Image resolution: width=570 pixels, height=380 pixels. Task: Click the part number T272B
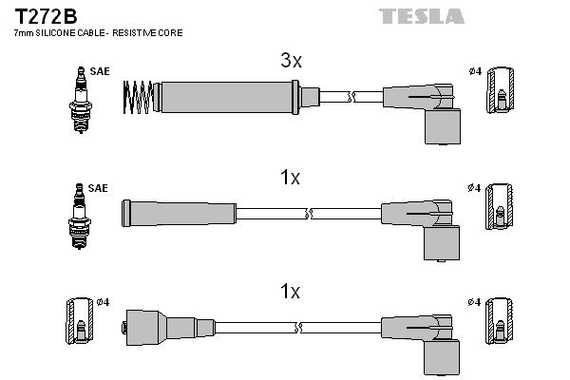coord(45,14)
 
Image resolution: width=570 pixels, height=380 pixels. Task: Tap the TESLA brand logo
coord(421,15)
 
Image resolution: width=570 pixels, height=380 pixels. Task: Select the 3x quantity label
coord(291,61)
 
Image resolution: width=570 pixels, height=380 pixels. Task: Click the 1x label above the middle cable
coord(291,178)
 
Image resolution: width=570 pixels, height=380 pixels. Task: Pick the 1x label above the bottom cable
coord(291,292)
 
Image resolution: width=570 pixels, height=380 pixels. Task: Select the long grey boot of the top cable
coord(228,96)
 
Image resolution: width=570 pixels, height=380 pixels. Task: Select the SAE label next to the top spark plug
coord(98,71)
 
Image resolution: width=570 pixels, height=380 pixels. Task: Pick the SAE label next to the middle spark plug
coord(98,188)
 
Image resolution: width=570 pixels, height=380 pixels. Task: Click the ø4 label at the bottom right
coord(475,302)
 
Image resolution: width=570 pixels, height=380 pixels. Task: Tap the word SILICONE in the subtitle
coord(55,33)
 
